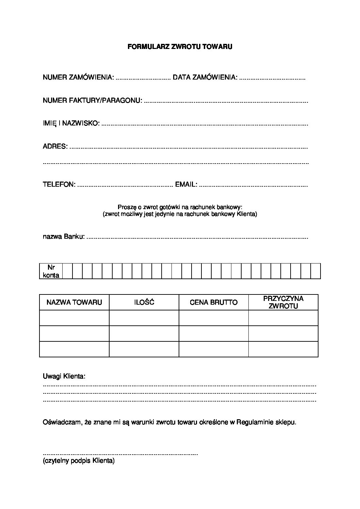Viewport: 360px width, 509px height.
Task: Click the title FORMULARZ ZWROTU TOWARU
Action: click(180, 47)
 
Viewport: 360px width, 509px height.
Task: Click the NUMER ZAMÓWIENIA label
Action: click(78, 78)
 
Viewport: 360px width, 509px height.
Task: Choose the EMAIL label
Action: click(186, 184)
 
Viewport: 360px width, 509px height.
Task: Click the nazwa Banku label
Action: click(64, 237)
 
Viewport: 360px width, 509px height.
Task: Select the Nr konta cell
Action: click(51, 271)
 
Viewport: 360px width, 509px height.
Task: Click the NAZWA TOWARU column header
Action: click(74, 302)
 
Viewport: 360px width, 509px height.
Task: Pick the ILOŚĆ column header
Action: click(144, 302)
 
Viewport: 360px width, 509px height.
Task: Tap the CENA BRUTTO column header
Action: click(214, 302)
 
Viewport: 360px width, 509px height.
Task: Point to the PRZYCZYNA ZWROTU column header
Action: click(283, 302)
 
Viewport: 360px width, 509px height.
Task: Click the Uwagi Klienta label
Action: click(64, 376)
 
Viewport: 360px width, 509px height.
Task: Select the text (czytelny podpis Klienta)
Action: click(79, 461)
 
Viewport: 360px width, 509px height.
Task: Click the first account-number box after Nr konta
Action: click(68, 271)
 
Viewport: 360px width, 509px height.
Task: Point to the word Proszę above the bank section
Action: click(125, 206)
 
